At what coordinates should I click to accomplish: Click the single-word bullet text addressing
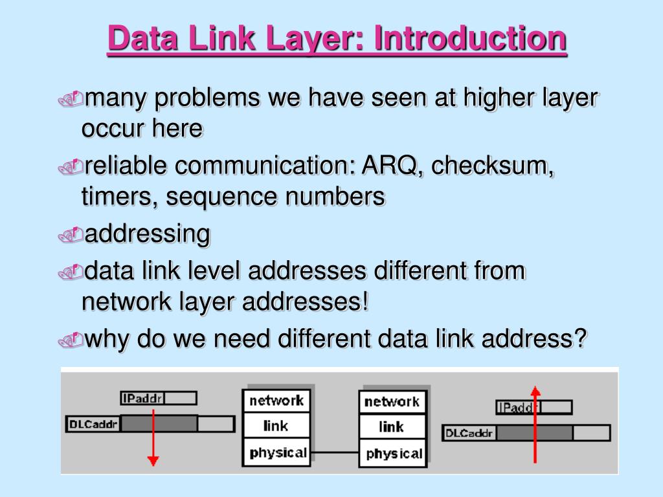(148, 234)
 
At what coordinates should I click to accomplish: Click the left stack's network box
(276, 401)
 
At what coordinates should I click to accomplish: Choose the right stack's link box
(392, 427)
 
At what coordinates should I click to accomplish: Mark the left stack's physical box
(278, 452)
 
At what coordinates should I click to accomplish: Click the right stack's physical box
(393, 454)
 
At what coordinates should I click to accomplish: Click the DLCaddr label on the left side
(93, 424)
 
